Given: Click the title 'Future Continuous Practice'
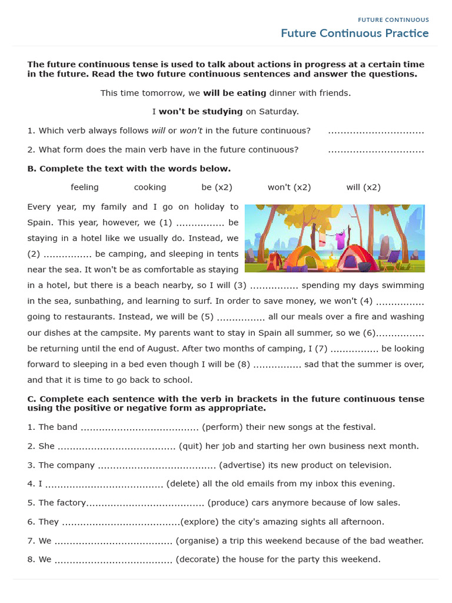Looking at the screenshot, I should pos(354,34).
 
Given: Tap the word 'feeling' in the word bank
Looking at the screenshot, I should pos(85,187).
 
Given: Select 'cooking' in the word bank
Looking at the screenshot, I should pos(150,187).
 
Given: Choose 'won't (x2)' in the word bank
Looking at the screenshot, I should pos(289,187).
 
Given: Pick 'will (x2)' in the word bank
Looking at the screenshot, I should pos(363,187).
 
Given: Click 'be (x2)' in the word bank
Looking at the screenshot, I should pos(217,187).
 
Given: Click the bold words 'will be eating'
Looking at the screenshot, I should pos(235,93).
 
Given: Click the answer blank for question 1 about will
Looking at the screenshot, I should pos(375,131).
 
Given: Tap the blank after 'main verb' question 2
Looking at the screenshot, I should pos(375,150).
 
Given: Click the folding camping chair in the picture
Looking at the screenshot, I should pos(391,258).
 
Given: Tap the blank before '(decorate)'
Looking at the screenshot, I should pos(113,560).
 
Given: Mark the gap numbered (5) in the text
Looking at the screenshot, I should pos(241,317).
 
